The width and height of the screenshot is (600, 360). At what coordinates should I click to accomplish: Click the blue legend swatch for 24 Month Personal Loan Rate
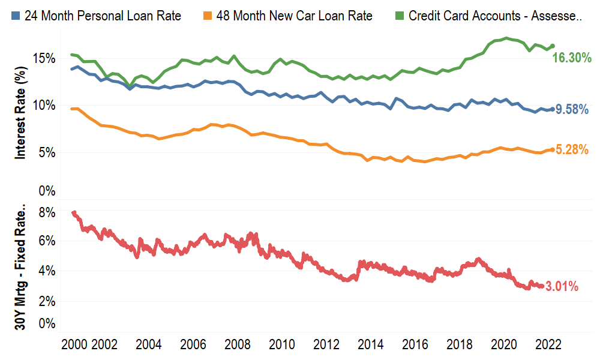[16, 16]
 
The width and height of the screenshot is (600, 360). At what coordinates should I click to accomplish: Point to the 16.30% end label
[572, 58]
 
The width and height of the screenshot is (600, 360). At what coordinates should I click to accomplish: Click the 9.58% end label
[572, 109]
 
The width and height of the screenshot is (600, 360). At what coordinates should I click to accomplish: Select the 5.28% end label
[572, 150]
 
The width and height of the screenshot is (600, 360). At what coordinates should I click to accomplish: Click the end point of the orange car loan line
[552, 149]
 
